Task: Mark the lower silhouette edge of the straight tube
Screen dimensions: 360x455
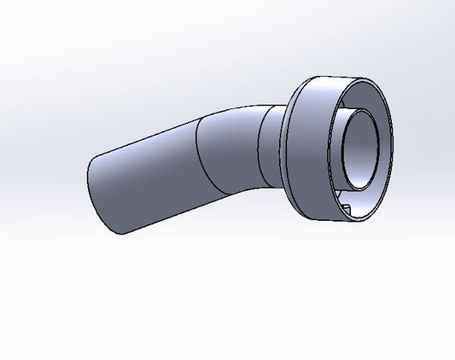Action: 162,218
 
